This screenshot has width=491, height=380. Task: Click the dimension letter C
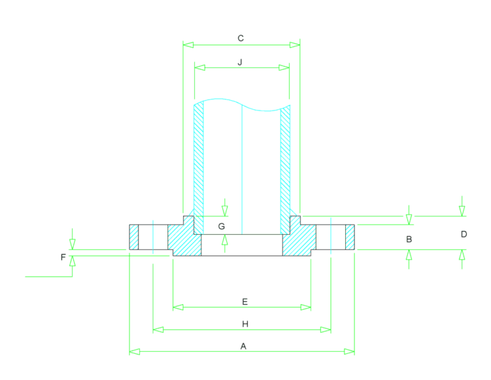pyautogui.click(x=240, y=38)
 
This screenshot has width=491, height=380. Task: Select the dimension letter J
pyautogui.click(x=240, y=62)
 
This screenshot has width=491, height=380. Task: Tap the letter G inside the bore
pyautogui.click(x=221, y=226)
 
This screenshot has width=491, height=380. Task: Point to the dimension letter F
pyautogui.click(x=63, y=257)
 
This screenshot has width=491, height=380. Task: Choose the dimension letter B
pyautogui.click(x=409, y=239)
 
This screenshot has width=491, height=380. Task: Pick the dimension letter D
pyautogui.click(x=464, y=234)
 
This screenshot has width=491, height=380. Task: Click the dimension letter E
pyautogui.click(x=245, y=302)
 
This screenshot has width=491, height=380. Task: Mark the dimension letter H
pyautogui.click(x=245, y=324)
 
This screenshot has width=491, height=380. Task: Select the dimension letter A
pyautogui.click(x=244, y=346)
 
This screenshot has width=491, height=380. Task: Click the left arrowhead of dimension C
pyautogui.click(x=188, y=45)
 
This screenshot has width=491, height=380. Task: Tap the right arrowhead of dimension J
pyautogui.click(x=284, y=67)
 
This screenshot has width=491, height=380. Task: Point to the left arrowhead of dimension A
pyautogui.click(x=135, y=351)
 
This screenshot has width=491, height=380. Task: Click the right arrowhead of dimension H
pyautogui.click(x=325, y=329)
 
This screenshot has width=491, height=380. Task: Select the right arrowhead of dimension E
pyautogui.click(x=306, y=307)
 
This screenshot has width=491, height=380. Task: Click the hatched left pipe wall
pyautogui.click(x=199, y=169)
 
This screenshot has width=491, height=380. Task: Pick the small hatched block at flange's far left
pyautogui.click(x=134, y=237)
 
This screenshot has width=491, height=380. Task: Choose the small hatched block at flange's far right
pyautogui.click(x=350, y=237)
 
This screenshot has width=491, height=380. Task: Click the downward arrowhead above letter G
pyautogui.click(x=224, y=211)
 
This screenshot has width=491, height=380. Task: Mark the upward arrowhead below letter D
pyautogui.click(x=462, y=255)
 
